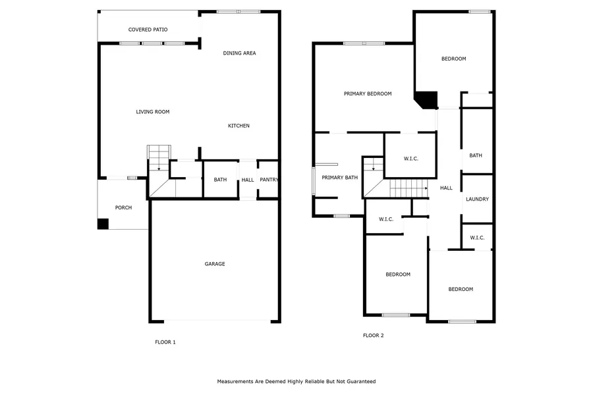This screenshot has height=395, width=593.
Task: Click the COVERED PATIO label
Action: [x=148, y=30]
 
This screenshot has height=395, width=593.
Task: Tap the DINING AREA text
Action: [x=239, y=53]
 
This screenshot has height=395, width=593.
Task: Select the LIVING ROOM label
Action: [x=153, y=112]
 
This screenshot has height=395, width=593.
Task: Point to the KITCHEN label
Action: [x=239, y=126]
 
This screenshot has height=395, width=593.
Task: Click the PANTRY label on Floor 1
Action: [x=269, y=180]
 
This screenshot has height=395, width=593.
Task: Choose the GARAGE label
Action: [x=215, y=264]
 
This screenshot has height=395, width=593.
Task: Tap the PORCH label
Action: [x=124, y=207]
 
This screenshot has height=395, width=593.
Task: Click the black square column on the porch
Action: [x=103, y=224]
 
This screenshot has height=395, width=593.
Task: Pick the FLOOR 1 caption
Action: [x=165, y=342]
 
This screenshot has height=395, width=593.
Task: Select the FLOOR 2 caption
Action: [x=374, y=335]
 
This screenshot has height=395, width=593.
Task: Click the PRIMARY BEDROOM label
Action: [x=368, y=93]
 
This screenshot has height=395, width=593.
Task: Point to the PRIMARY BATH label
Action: [x=339, y=178]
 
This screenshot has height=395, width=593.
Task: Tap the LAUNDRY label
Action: [x=477, y=199]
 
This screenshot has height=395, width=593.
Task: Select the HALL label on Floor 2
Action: [x=446, y=188]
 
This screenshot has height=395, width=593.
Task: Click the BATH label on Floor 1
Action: [x=220, y=180]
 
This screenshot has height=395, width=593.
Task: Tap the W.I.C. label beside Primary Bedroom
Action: [x=410, y=159]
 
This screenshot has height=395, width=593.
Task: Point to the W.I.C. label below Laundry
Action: [x=477, y=238]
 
